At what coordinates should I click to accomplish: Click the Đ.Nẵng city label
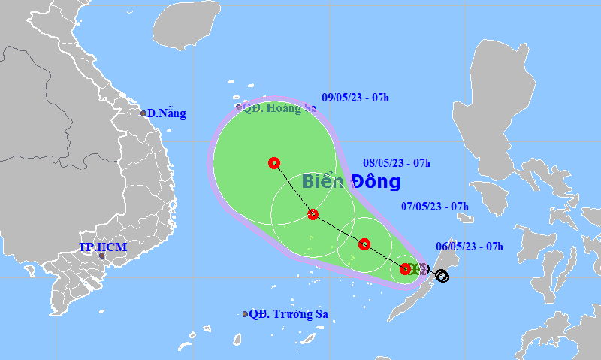coord(167,113)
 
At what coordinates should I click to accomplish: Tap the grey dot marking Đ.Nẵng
coord(143,113)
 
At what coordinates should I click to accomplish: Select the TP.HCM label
coord(103,247)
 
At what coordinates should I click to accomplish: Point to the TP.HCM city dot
coord(102,257)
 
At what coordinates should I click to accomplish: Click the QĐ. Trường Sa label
coord(288,314)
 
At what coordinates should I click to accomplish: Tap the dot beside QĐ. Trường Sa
coord(245,314)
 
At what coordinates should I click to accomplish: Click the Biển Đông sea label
coord(351,181)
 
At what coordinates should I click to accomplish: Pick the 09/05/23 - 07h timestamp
coord(355,97)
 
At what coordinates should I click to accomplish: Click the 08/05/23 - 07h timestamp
coord(397,162)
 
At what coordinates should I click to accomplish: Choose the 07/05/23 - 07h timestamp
coord(435,206)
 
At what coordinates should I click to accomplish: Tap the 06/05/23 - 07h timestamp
coord(470,246)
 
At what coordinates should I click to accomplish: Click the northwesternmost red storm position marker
coord(273,162)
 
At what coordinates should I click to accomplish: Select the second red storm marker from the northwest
coord(313,215)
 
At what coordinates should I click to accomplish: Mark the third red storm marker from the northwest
coord(364,244)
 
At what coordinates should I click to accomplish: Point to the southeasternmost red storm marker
coord(406,268)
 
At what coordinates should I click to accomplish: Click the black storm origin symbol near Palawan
coord(442,276)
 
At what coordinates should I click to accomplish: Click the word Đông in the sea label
coord(374,181)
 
